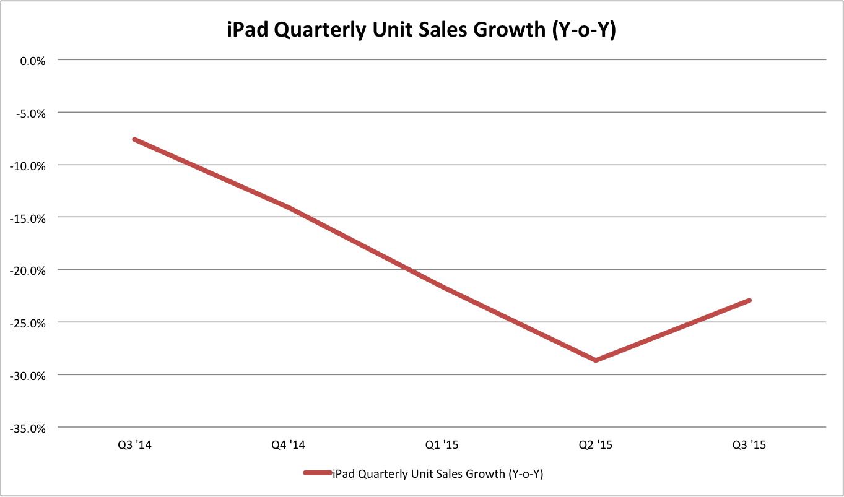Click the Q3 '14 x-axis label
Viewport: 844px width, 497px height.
pos(134,445)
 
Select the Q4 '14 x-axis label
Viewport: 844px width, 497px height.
pos(288,445)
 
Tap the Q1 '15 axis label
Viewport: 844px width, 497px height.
pos(442,445)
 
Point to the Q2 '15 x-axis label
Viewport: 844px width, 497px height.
pos(596,445)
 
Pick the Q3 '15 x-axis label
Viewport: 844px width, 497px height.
pos(750,445)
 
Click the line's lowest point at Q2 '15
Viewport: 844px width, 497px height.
pos(596,360)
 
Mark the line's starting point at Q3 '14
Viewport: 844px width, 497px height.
pos(134,140)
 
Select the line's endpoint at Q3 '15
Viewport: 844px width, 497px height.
pos(750,300)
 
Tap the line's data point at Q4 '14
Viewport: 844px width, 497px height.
pos(288,207)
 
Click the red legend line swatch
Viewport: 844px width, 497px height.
pos(317,474)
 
